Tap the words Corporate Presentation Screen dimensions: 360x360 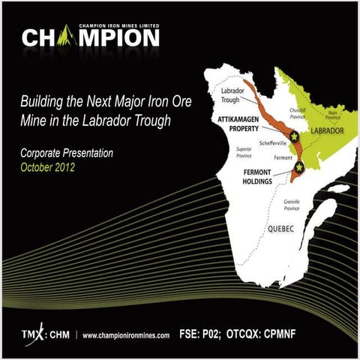(x=67, y=153)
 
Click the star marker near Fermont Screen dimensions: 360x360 (x=298, y=166)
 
